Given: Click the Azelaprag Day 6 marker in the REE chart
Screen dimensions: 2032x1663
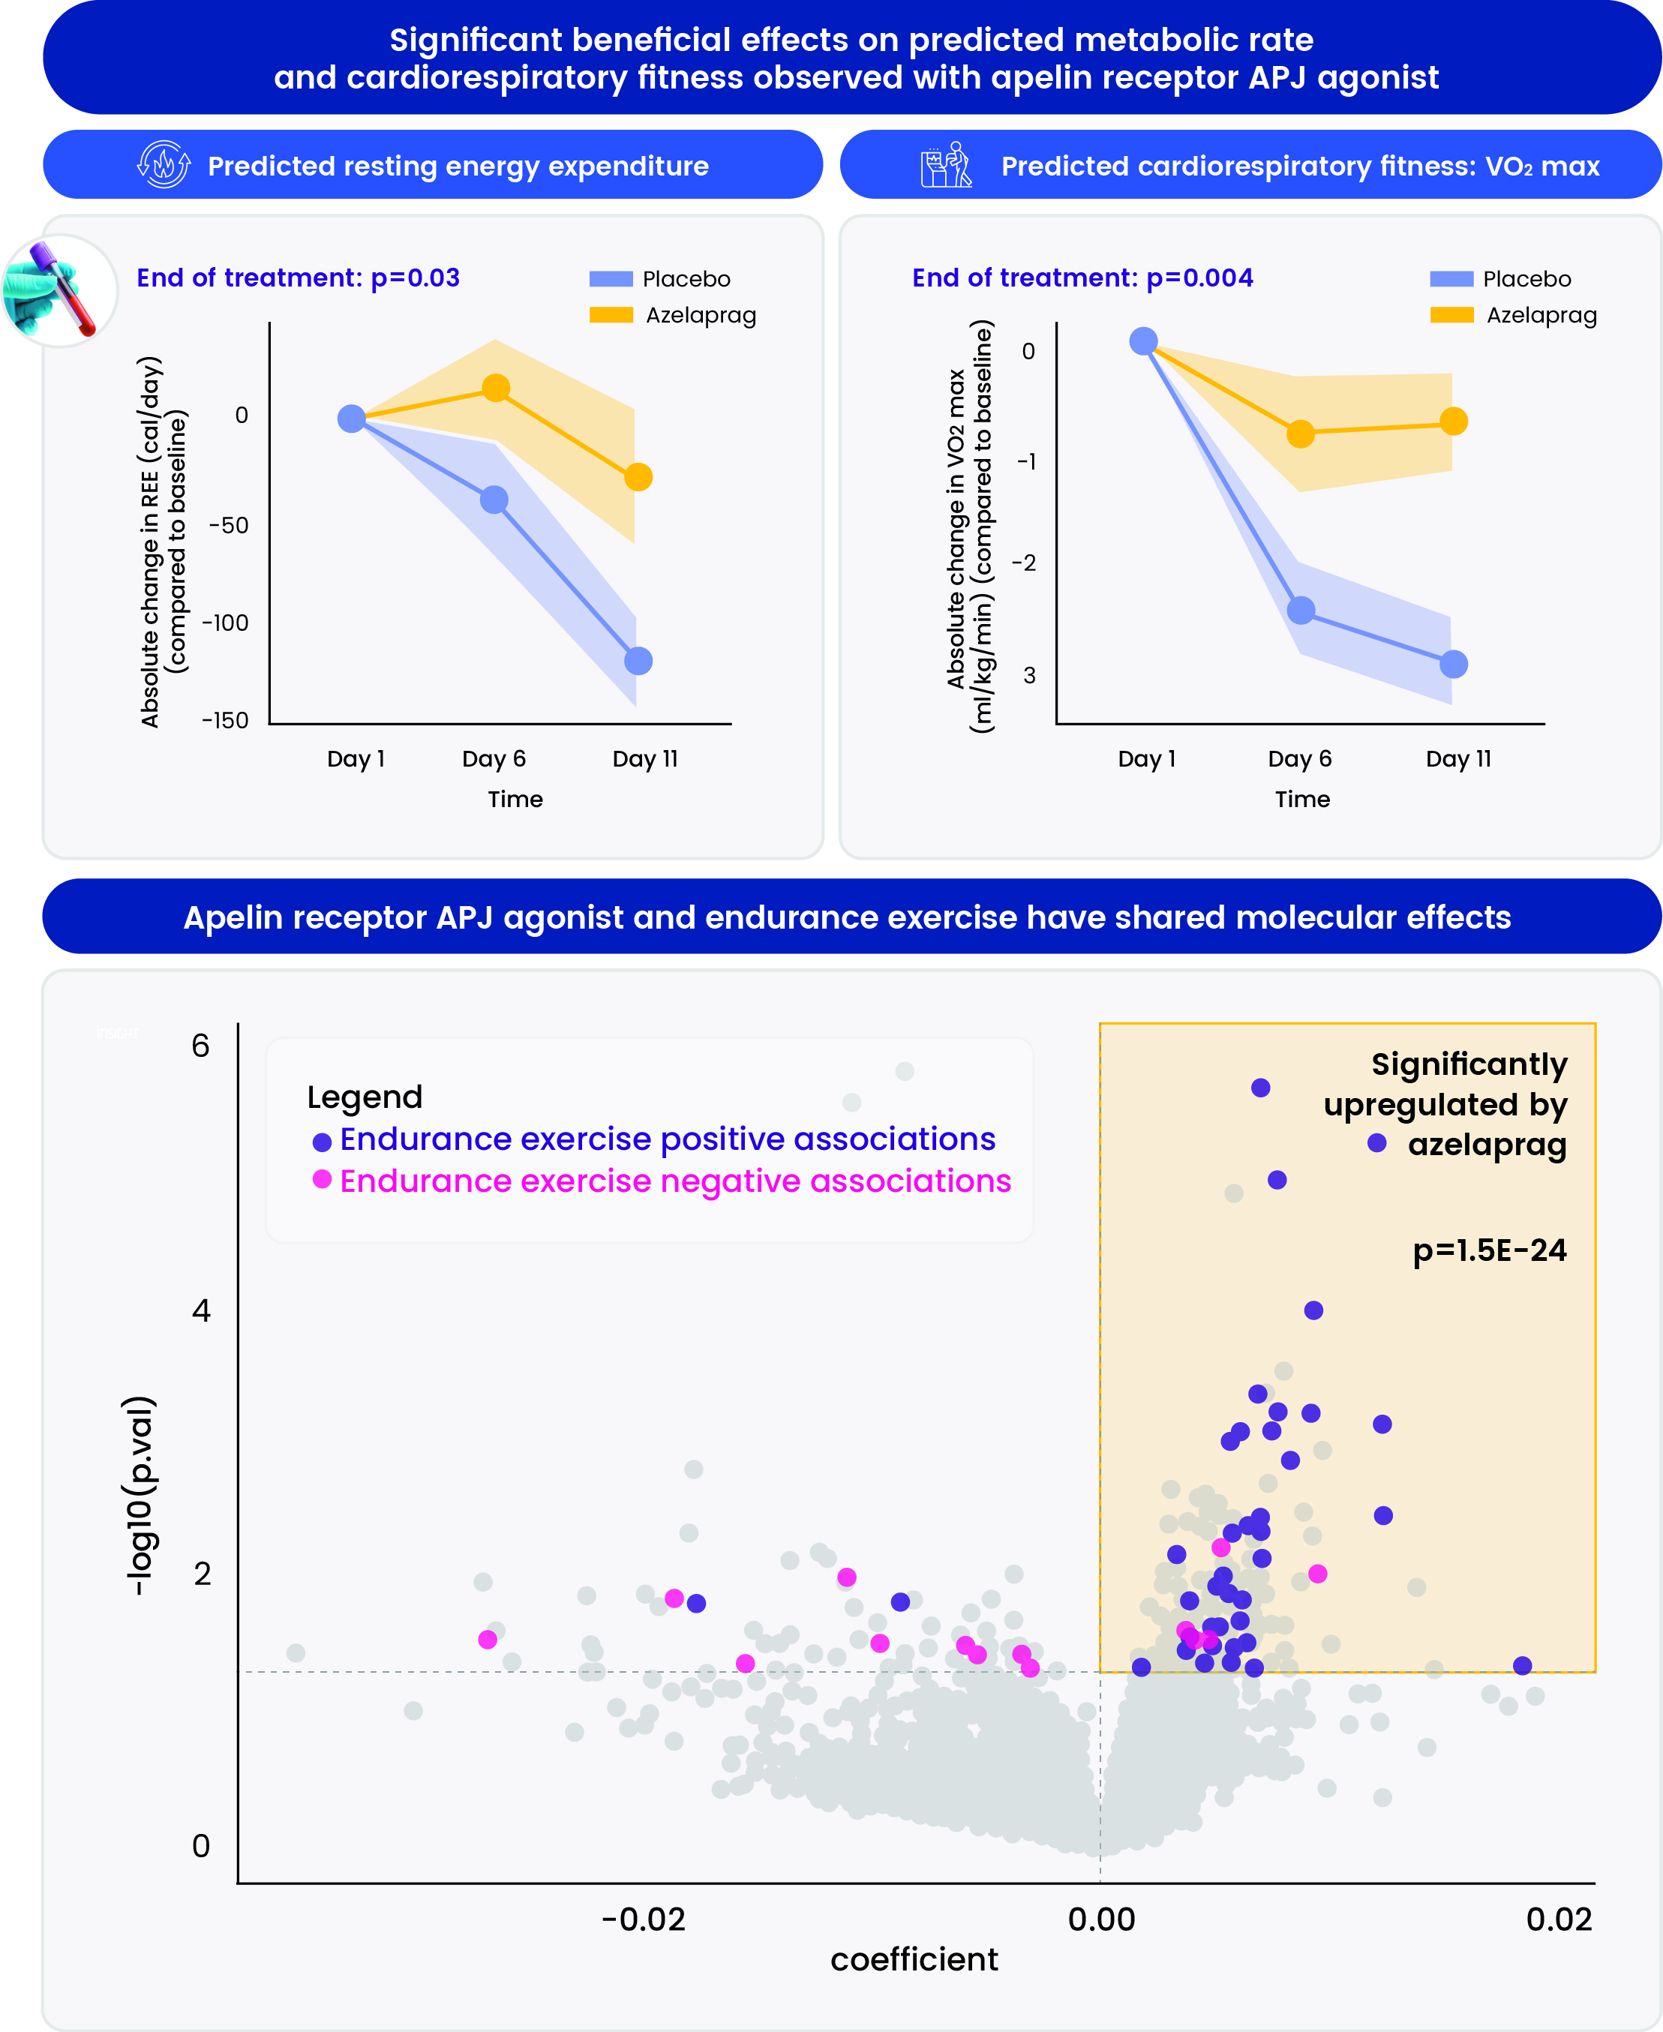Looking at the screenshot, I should (495, 388).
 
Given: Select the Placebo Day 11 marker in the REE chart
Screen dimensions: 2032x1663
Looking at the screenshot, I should (638, 661).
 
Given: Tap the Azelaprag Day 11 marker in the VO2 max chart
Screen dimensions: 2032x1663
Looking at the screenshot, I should (1453, 421).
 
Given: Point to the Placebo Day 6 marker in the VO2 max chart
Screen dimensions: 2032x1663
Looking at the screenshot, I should (1301, 611).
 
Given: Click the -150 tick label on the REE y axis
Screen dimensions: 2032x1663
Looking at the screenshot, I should (225, 720).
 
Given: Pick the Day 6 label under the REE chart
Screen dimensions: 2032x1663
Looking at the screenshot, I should (494, 759).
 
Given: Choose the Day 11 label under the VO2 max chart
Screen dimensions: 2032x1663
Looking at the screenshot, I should (1458, 759).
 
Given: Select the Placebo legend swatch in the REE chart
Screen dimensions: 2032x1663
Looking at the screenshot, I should (611, 279).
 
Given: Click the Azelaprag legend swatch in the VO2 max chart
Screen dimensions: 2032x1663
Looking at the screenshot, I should (1451, 315).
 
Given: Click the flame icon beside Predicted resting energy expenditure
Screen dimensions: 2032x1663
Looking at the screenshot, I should (164, 165).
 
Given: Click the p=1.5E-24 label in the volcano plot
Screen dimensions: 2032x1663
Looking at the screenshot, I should (1490, 1250).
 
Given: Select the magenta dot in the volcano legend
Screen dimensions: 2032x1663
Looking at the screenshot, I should (322, 1178).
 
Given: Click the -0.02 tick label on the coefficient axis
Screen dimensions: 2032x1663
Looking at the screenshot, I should (643, 1919).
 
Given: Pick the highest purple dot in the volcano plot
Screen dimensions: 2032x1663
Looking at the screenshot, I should (1261, 1088).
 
